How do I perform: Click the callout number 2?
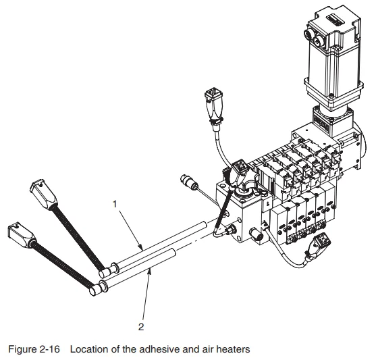(x=141, y=328)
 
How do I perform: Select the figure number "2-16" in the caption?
(x=55, y=349)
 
